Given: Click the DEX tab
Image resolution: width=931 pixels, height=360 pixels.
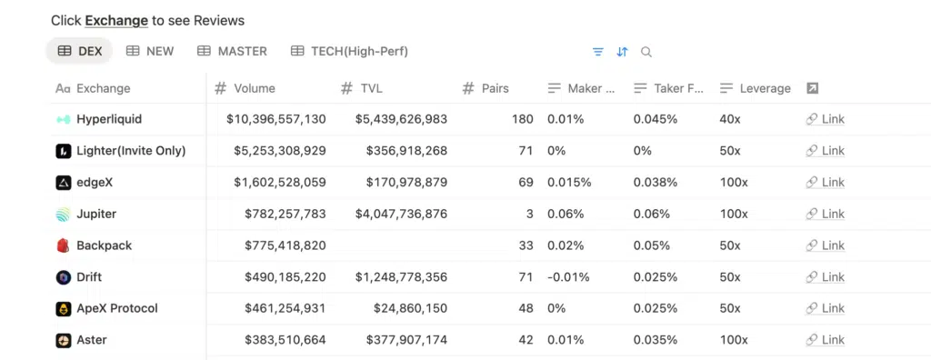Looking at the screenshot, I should click(80, 51).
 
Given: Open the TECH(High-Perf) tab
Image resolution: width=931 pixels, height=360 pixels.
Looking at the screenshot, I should click(349, 51).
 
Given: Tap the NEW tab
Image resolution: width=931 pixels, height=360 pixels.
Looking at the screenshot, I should click(150, 51).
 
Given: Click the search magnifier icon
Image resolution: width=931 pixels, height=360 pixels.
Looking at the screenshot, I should click(646, 52).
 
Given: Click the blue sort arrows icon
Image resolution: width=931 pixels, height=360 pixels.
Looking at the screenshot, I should click(622, 52).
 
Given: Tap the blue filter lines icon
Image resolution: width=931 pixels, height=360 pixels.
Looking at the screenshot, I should click(597, 52).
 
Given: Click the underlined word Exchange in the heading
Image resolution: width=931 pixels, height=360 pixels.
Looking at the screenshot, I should click(116, 20).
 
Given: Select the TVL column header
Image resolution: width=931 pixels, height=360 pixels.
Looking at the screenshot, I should click(370, 88).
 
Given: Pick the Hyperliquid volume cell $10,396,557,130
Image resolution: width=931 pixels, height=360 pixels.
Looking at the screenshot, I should click(276, 119).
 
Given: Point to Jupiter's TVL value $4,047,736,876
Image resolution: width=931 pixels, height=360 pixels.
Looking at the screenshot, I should click(401, 214).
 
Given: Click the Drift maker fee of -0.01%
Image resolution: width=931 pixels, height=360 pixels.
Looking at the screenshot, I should click(568, 276).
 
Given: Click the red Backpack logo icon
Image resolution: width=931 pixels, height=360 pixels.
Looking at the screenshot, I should click(63, 245).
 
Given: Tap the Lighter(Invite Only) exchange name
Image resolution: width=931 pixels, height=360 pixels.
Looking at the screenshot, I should click(131, 150).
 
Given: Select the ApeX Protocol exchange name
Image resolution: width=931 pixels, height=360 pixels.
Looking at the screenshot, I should click(116, 308).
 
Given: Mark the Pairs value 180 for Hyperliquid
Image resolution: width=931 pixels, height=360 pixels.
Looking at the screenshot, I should click(522, 119).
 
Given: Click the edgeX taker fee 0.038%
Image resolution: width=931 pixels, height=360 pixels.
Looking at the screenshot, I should click(655, 182).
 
